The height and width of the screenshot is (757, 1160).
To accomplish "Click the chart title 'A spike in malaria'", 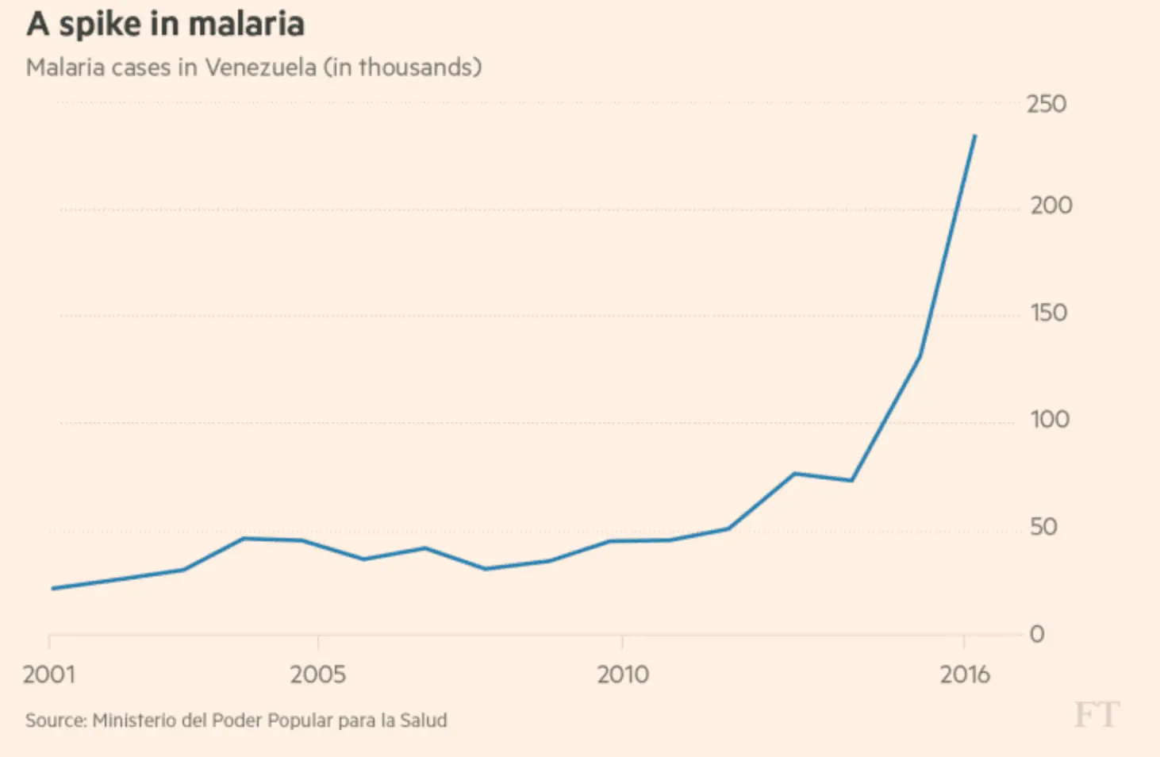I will pos(165,24).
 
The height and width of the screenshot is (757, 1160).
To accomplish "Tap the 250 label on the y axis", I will pos(1046,104).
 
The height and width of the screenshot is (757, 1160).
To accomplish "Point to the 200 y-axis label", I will pos(1051,206).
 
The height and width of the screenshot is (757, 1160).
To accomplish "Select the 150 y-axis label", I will pos(1048,313).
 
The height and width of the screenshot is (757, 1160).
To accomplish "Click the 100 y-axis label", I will pos(1049,420).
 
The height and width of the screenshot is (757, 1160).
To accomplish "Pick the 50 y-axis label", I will pos(1043,527).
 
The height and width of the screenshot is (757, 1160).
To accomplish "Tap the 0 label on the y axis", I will pos(1036,634).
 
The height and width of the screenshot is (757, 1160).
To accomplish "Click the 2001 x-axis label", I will pos(49,674).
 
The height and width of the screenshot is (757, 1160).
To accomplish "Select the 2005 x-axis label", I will pos(317,674).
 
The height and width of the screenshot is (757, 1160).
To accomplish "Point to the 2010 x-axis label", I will pos(622,674).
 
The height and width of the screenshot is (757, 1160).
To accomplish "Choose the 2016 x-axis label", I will pos(965,674).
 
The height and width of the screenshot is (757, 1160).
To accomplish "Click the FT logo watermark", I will pos(1097,715).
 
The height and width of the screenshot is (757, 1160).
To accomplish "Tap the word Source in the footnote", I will pos(56,720).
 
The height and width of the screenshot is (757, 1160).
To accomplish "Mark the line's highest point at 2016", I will pos(975,136).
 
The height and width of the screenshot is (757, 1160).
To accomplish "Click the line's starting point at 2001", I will pos(52,588).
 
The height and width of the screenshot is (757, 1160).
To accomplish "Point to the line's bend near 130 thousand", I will pos(920,355).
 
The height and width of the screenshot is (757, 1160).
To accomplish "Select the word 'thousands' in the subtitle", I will pos(415,67).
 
